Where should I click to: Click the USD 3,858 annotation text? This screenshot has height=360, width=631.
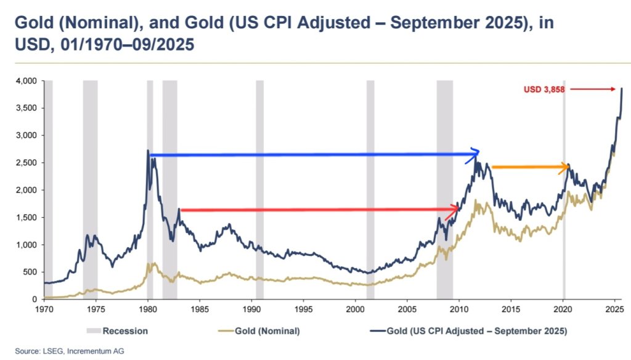pos(545,89)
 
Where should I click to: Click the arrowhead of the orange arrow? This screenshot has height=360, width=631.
pos(566,166)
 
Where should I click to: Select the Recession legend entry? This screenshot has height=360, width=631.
pos(125,331)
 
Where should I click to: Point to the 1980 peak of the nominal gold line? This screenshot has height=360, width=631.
pos(149,263)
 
